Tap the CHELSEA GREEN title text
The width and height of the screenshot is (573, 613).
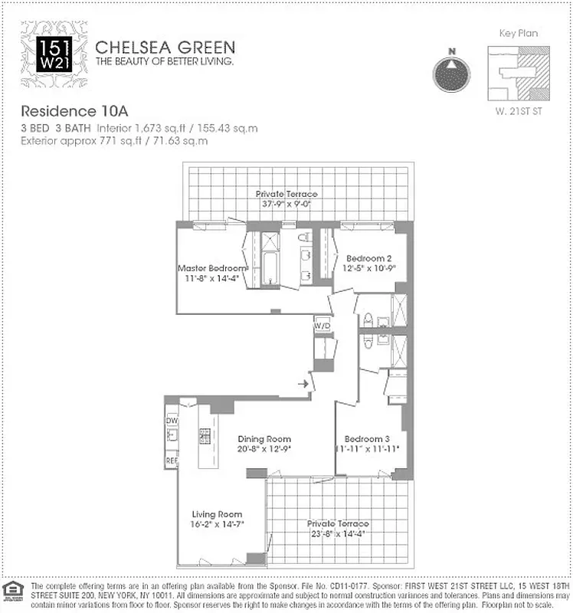(x=165, y=47)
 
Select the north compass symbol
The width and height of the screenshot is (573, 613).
(x=452, y=73)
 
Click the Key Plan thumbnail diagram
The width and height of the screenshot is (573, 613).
(x=519, y=75)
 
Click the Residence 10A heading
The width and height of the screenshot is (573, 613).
(x=68, y=110)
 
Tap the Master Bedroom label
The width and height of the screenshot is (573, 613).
(x=212, y=269)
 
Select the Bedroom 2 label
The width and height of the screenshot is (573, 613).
(x=368, y=258)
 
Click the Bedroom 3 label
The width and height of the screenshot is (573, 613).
(x=366, y=440)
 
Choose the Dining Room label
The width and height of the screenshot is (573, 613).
(x=264, y=439)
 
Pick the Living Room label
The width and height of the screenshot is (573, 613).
(x=216, y=514)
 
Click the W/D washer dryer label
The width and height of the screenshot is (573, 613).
(x=323, y=326)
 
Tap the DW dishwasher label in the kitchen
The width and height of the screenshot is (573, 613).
(x=171, y=421)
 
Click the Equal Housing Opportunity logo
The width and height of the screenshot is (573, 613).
(x=11, y=588)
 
